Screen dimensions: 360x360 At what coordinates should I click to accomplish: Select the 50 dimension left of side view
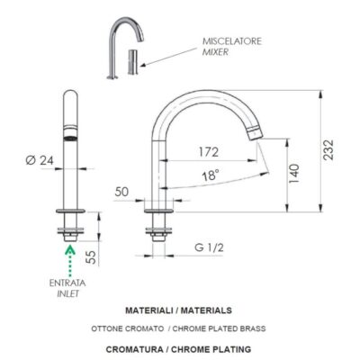point(123,192)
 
